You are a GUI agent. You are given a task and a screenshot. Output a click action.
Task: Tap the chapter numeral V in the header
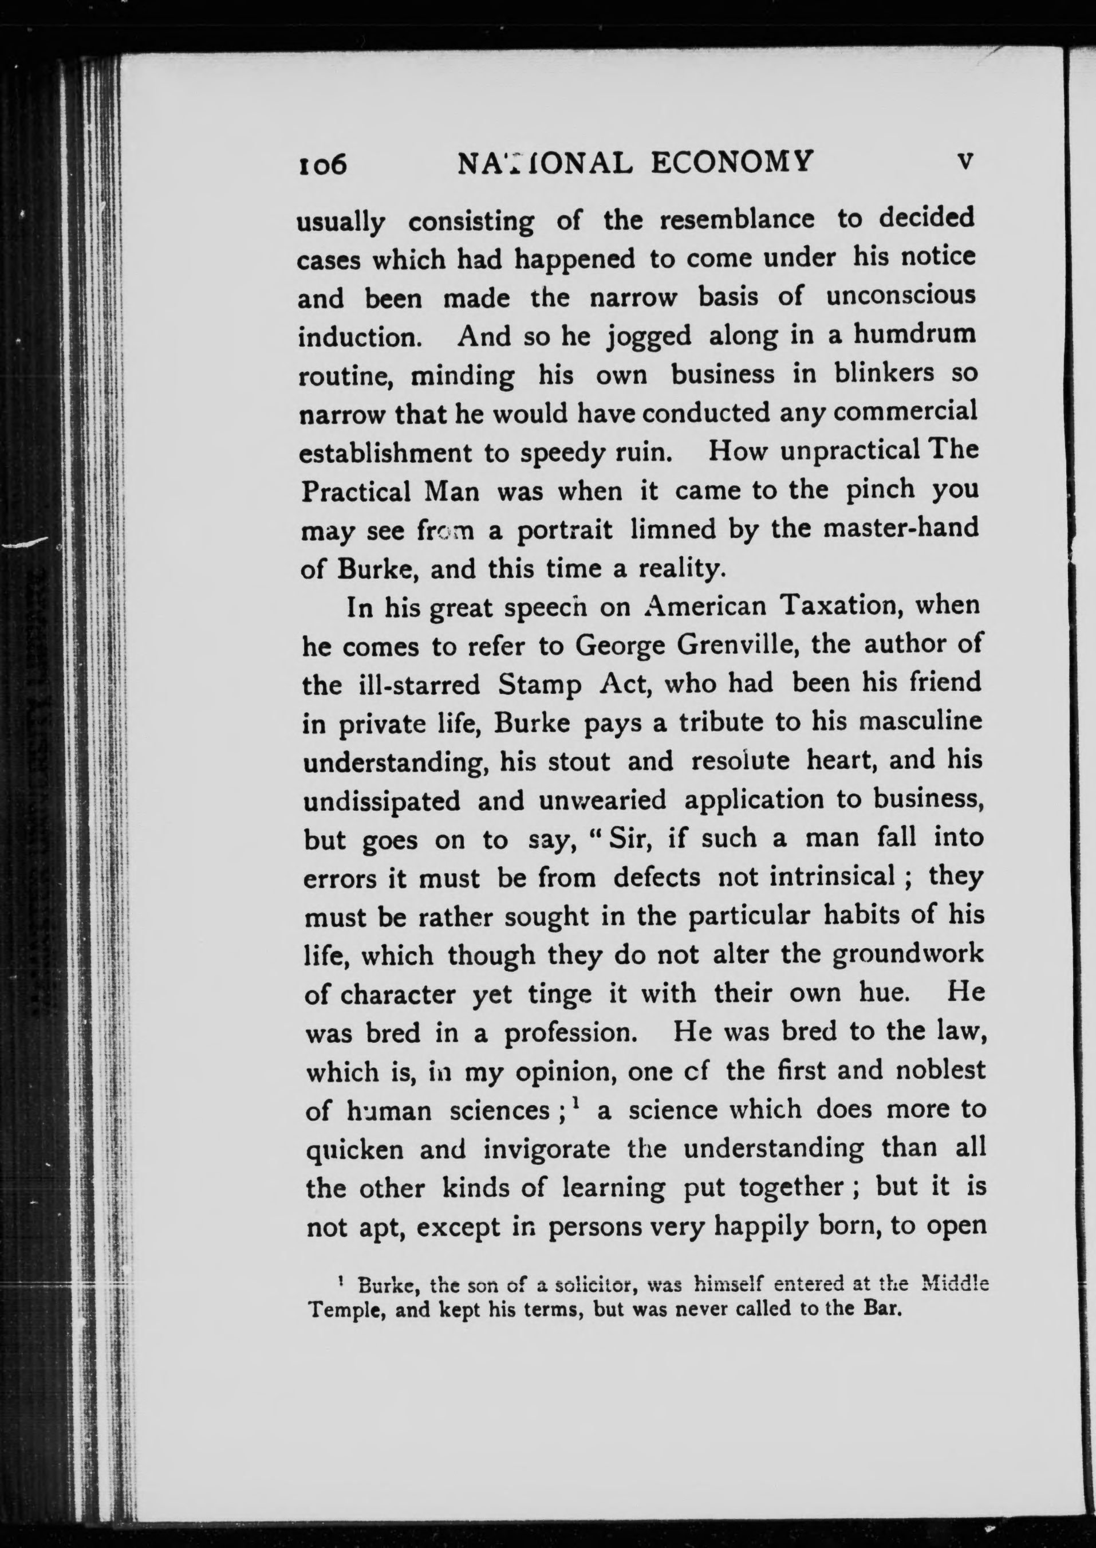pos(966,162)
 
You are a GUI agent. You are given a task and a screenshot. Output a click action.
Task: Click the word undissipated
pos(382,801)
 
